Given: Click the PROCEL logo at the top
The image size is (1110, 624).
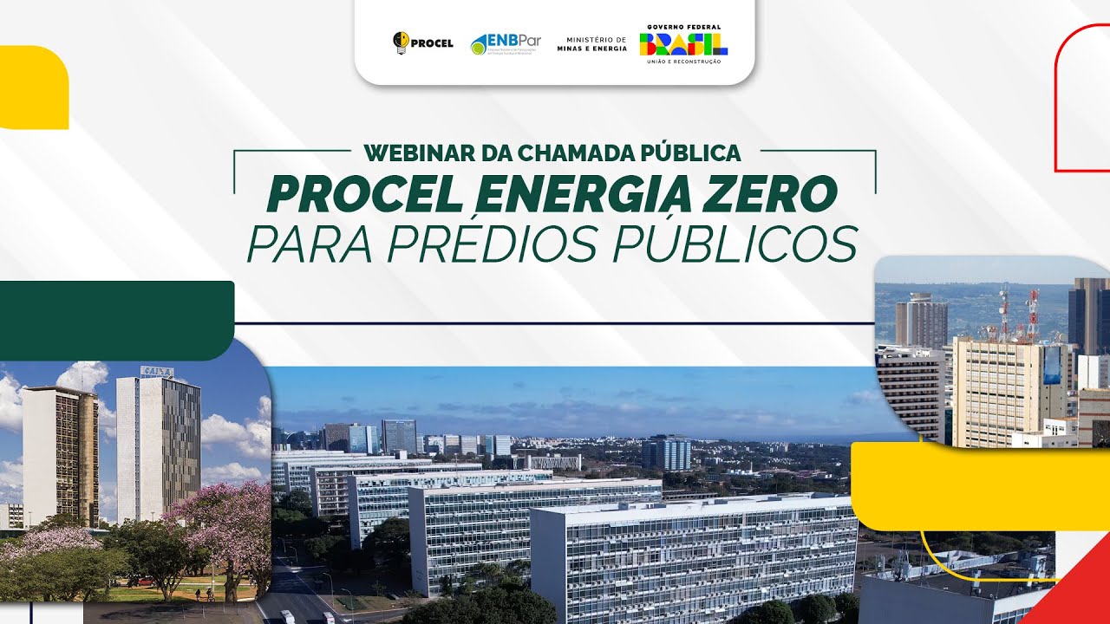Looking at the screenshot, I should pyautogui.click(x=423, y=43).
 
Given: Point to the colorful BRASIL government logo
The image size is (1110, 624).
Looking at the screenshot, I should pyautogui.click(x=683, y=44).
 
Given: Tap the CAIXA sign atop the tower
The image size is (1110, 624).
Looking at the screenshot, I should pyautogui.click(x=157, y=372).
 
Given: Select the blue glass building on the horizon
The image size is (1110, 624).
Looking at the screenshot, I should pyautogui.click(x=667, y=453).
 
